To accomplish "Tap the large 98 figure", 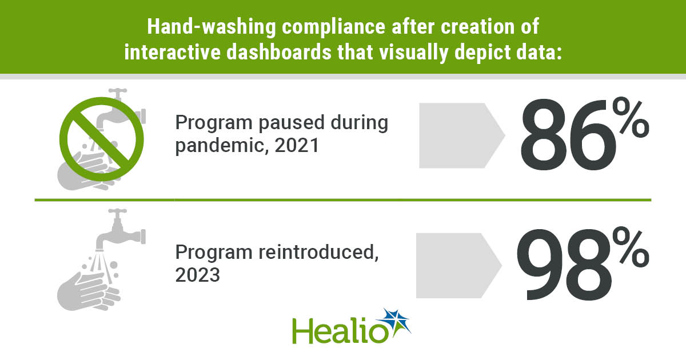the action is [x=564, y=265].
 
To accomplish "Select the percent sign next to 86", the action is [x=631, y=117].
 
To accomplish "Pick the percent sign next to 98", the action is [x=631, y=247].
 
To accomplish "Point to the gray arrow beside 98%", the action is [x=458, y=265].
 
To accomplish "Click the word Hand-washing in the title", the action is [x=212, y=27].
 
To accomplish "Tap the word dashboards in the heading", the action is [x=280, y=53].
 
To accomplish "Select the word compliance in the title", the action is [x=333, y=27].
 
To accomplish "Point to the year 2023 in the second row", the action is [x=198, y=275].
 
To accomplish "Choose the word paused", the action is [x=292, y=123].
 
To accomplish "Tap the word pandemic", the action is [x=220, y=146].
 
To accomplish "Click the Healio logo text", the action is [x=340, y=331].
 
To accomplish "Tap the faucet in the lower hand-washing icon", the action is [x=121, y=230].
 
